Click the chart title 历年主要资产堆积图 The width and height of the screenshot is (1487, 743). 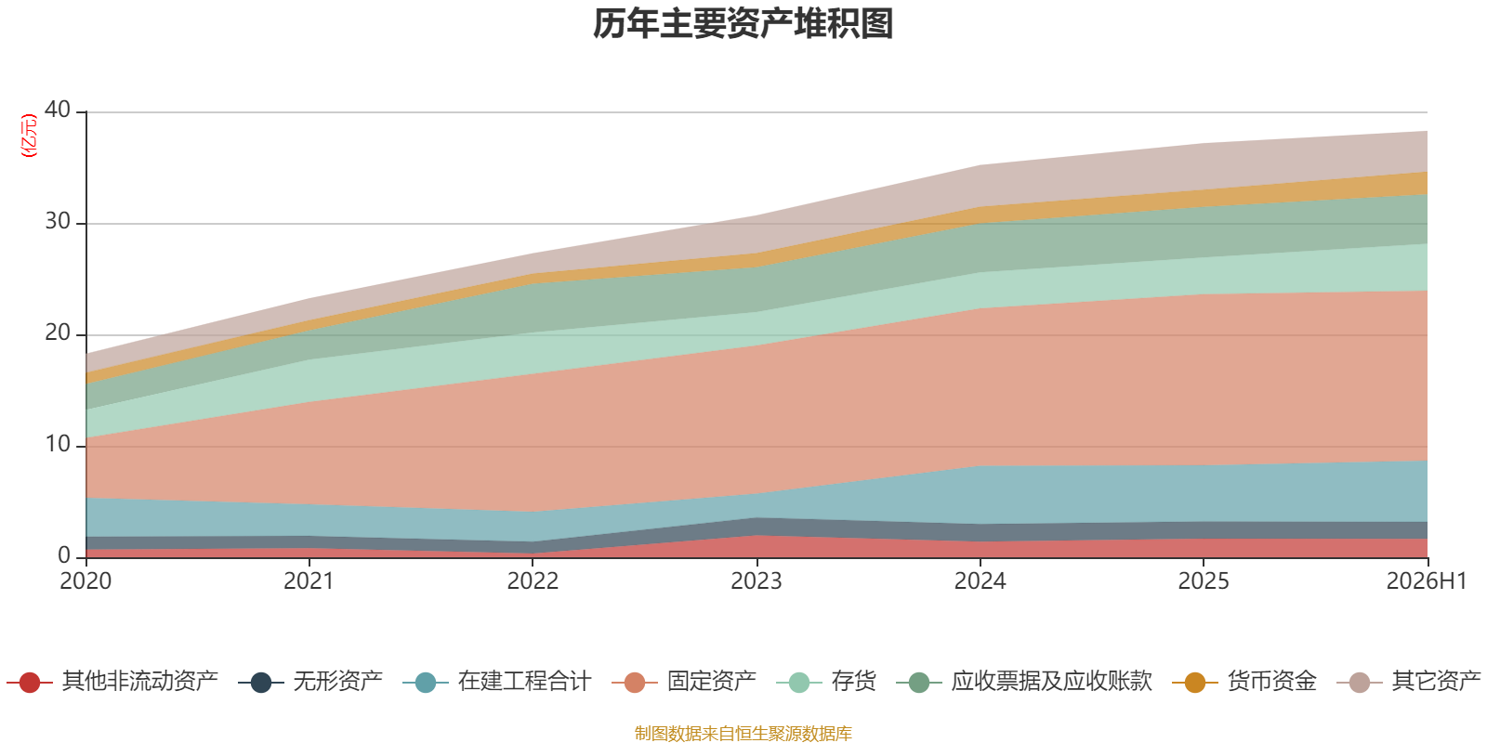(743, 24)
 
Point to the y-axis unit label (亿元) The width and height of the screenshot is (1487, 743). (29, 136)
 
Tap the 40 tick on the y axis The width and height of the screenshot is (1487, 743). (58, 110)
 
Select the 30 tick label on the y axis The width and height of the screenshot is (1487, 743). (58, 221)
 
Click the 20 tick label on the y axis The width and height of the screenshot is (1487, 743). (58, 332)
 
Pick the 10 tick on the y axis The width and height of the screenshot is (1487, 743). (58, 444)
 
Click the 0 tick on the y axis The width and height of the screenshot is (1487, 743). (64, 555)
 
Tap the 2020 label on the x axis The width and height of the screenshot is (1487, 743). (86, 581)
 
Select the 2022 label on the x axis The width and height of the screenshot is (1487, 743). (533, 581)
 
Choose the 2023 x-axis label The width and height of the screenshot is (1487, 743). (757, 581)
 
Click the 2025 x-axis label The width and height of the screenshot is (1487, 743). (1204, 581)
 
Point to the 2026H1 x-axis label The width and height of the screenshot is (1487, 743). (1427, 581)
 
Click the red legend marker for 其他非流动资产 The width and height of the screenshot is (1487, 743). (29, 682)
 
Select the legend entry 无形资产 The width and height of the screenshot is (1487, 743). (310, 682)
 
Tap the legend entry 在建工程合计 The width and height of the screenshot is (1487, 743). (497, 682)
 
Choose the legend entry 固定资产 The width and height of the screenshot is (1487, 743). (684, 682)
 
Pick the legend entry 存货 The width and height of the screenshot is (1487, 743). (826, 682)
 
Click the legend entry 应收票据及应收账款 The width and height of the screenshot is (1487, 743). (1024, 682)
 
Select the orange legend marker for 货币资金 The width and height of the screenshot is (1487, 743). (1195, 682)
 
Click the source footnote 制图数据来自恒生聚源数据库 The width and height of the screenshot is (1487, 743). (743, 733)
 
